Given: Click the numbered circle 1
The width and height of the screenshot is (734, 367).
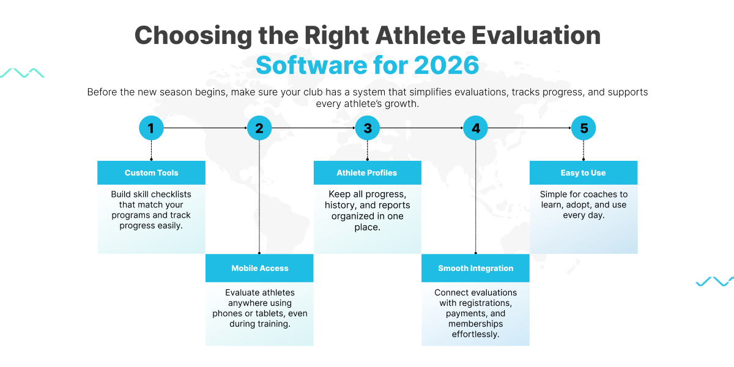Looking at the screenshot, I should [x=151, y=128].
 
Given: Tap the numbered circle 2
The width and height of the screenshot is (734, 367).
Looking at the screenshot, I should [x=259, y=128].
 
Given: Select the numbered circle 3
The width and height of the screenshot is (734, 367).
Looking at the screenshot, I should [x=368, y=128].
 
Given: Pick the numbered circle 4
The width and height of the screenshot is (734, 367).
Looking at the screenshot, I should [x=475, y=128].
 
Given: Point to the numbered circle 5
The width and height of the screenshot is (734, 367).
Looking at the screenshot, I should [x=584, y=128].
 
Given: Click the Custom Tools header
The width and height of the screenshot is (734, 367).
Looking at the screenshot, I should [x=151, y=172].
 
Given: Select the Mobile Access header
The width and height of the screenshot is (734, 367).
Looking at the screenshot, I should [x=259, y=268].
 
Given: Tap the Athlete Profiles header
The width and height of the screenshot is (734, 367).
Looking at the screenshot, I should [x=367, y=172].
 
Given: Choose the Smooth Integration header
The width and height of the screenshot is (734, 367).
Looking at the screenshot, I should [x=475, y=268].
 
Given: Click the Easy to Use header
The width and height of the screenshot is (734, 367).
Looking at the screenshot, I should [x=583, y=172].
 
